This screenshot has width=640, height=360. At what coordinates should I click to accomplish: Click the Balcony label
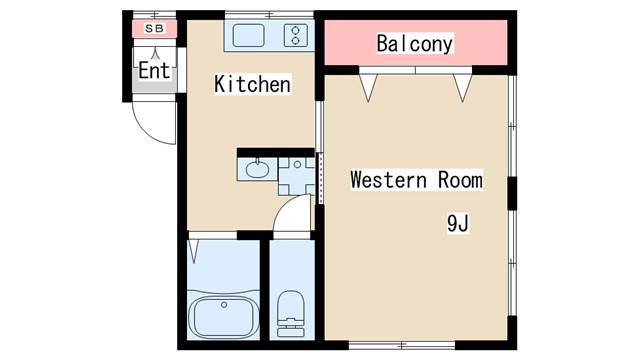(415, 44)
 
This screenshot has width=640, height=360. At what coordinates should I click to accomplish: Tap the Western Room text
(416, 180)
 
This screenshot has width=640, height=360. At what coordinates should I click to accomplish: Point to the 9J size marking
(458, 223)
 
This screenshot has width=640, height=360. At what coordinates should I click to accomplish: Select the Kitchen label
(252, 84)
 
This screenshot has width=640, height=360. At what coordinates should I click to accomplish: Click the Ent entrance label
(154, 70)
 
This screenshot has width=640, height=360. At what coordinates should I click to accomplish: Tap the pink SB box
(154, 29)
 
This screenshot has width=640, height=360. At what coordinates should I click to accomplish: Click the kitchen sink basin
(249, 35)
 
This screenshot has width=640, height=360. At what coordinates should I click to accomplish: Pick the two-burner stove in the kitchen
(296, 35)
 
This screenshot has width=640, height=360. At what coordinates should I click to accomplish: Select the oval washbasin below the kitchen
(257, 169)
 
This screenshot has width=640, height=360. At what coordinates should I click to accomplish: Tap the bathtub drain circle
(224, 304)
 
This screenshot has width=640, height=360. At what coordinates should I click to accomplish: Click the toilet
(291, 313)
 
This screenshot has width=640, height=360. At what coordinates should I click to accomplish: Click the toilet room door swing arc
(287, 207)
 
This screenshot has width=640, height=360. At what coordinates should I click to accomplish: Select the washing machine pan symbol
(297, 176)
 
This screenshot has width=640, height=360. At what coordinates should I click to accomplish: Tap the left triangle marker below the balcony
(368, 87)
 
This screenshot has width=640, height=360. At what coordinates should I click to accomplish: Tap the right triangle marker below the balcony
(462, 87)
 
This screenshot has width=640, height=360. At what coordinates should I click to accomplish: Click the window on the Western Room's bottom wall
(402, 345)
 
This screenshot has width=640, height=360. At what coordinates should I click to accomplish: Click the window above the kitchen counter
(269, 16)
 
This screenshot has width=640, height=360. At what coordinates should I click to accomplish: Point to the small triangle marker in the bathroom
(193, 251)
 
